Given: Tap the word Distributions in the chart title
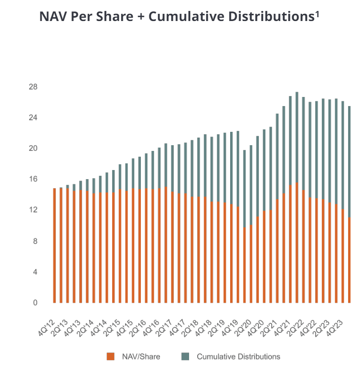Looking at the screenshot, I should click(267, 17).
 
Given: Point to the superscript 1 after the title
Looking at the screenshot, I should click(317, 13).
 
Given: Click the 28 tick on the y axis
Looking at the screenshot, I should click(33, 87).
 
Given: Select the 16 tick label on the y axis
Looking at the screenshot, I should click(33, 179).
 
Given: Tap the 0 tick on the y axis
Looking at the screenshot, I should click(35, 303).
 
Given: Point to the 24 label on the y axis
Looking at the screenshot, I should click(33, 117).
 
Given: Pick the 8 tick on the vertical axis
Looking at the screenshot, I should click(35, 241).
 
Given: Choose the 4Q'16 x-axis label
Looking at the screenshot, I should click(151, 319).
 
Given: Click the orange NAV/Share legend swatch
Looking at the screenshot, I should click(111, 356).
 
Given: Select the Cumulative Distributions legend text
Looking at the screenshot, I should click(238, 356).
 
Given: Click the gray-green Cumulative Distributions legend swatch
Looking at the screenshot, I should click(185, 356).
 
